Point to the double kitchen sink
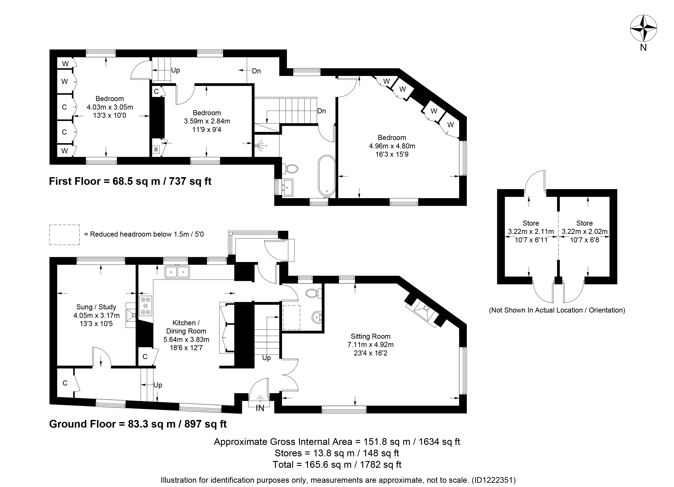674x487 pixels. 177,272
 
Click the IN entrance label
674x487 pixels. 260,408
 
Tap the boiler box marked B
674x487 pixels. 156,149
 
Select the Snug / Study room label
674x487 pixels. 96,307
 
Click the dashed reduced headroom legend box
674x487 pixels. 64,235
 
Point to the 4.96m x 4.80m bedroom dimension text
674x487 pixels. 392,146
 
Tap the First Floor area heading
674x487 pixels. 130,181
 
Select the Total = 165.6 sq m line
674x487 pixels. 337,464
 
